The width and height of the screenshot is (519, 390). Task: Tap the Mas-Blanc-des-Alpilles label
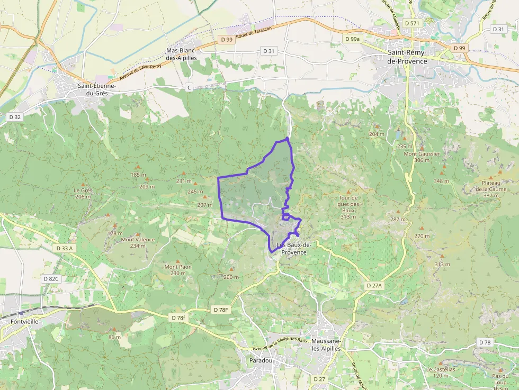(182, 54)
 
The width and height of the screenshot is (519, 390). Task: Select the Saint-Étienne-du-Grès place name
(97, 89)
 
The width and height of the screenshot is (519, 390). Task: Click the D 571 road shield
(411, 23)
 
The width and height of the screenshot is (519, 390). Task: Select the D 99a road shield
(352, 39)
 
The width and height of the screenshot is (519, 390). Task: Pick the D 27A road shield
(374, 285)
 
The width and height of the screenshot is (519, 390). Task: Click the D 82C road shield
(51, 278)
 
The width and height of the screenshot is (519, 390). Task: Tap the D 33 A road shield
(64, 248)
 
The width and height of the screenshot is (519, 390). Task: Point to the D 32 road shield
(14, 116)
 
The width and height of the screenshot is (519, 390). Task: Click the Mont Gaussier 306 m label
(422, 157)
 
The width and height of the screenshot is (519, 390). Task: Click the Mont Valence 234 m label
(138, 242)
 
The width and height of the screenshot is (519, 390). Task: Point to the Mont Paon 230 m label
(178, 270)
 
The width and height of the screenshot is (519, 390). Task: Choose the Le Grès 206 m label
(83, 193)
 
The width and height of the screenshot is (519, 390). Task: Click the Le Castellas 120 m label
(441, 372)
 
